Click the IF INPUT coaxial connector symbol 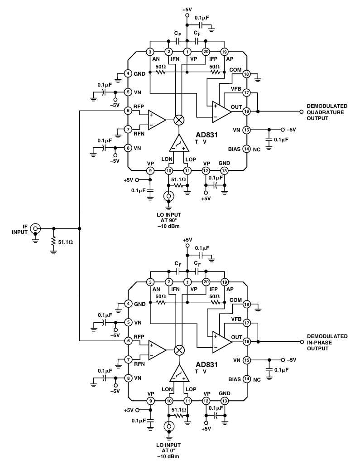point(36,228)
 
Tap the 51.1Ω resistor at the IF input point(53,242)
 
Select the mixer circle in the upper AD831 point(179,120)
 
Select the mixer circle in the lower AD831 point(179,350)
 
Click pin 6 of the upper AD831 point(128,111)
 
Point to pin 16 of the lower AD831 point(246,342)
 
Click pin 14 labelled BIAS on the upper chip point(246,149)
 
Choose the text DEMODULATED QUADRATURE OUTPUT point(327,112)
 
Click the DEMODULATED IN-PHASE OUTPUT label point(327,342)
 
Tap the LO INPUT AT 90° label point(169,220)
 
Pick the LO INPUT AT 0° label point(168,450)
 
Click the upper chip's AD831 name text point(206,135)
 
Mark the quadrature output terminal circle point(302,111)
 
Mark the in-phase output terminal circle point(302,342)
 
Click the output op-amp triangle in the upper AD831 point(221,112)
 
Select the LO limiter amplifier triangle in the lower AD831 point(179,373)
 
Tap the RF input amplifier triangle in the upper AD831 point(156,120)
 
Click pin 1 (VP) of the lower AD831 point(187,282)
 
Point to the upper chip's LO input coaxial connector point(169,196)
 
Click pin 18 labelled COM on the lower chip point(246,304)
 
